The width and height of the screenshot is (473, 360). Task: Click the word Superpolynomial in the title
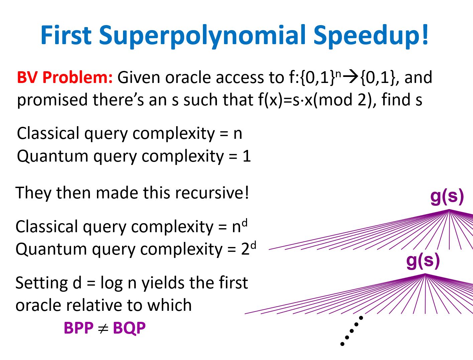[202, 36]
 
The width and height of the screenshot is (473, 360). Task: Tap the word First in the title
[66, 34]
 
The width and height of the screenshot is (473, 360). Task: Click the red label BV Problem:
[65, 77]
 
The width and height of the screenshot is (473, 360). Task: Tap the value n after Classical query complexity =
[238, 134]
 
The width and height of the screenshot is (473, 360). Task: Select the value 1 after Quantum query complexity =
[247, 156]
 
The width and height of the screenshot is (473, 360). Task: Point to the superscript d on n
[245, 222]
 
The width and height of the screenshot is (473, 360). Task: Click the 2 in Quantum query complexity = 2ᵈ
[245, 249]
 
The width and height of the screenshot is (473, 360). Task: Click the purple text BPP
[79, 328]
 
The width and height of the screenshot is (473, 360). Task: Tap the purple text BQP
[129, 329]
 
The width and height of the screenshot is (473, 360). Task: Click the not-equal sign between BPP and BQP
[103, 329]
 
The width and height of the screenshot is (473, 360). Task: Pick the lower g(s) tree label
[423, 261]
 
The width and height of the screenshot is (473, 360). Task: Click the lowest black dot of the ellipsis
[342, 344]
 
